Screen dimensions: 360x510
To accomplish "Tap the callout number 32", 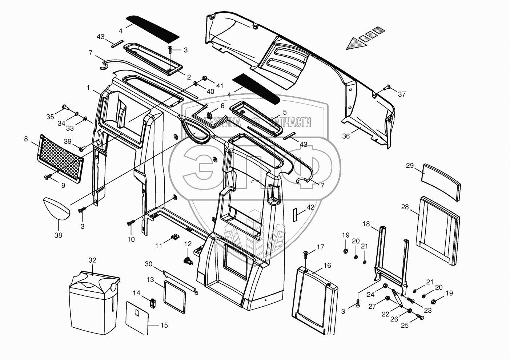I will (93, 260).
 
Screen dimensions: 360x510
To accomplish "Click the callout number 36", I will (346, 136).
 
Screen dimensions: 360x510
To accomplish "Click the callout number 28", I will (405, 207).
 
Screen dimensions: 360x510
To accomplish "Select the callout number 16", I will (327, 266).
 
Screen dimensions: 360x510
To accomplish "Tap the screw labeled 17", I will (305, 254).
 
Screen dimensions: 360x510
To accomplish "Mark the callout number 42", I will (310, 207).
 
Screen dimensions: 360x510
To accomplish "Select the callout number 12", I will (188, 244).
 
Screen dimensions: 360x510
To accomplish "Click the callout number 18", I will (366, 224).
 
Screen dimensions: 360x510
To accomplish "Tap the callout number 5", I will (285, 112).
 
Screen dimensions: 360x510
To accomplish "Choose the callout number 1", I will (88, 88).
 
